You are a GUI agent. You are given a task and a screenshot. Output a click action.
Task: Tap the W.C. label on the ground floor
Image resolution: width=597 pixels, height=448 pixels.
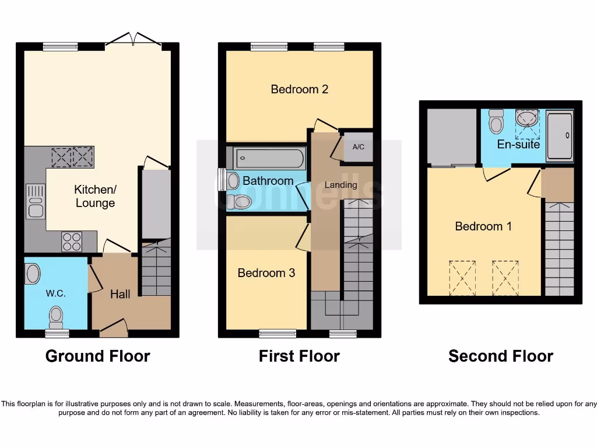(56, 293)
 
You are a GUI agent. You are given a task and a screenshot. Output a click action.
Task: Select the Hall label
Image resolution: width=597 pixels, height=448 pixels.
(120, 294)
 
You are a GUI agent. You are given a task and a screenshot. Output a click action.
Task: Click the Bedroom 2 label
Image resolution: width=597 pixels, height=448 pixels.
(300, 89)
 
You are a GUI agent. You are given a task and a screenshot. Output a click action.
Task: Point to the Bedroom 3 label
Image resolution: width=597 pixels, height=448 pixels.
(266, 272)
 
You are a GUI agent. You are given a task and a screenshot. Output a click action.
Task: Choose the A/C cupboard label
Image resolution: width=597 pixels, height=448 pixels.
(358, 146)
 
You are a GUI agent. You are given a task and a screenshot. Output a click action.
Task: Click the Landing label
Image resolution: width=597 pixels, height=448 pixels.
(341, 184)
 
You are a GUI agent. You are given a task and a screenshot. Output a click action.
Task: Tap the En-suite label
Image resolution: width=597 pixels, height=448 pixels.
(518, 143)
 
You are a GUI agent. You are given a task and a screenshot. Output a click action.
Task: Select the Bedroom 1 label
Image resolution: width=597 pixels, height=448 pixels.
(483, 226)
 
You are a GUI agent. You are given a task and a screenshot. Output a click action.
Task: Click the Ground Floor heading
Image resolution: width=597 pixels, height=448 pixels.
(97, 356)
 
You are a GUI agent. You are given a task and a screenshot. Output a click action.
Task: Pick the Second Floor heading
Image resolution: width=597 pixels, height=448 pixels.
(500, 356)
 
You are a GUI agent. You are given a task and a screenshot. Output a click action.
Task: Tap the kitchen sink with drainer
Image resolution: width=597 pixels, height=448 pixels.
(36, 201)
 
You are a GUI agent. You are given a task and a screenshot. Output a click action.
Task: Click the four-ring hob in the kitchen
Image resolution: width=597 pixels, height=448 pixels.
(72, 242)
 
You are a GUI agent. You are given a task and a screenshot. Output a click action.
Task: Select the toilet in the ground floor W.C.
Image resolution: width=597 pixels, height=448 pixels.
(56, 317)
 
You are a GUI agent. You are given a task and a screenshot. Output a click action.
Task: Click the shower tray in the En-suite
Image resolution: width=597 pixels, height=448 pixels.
(560, 135)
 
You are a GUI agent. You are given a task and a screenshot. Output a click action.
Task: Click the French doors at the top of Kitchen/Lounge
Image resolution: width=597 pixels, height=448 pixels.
(134, 40)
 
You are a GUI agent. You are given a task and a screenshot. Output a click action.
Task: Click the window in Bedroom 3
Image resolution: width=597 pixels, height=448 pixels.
(278, 334)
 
